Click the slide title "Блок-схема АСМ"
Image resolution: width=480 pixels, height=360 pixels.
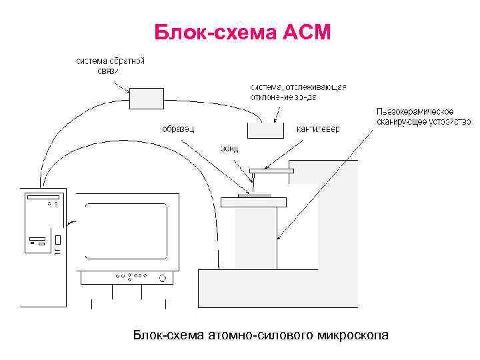pos(241,31)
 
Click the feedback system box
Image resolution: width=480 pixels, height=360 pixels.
pos(146,99)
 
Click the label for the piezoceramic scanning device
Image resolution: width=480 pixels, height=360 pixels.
pos(423,117)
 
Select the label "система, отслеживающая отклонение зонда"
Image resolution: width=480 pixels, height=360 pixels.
pos(298,91)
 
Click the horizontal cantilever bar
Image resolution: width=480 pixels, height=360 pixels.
pos(271,171)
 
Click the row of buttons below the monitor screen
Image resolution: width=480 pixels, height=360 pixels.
pos(131,275)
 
